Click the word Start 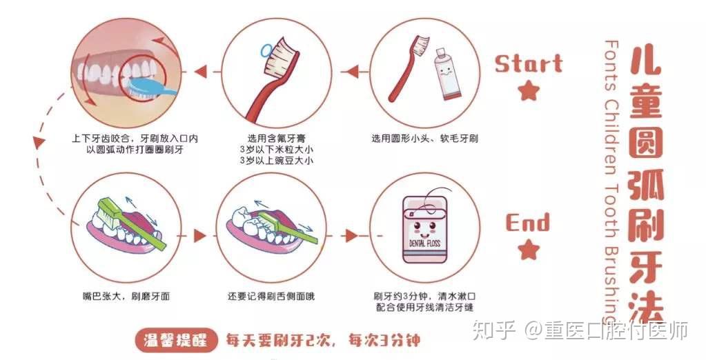tap(528, 64)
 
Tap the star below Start tap(528, 90)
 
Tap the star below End tap(528, 249)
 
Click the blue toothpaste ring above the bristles tap(267, 50)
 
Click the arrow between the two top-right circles tap(353, 71)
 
